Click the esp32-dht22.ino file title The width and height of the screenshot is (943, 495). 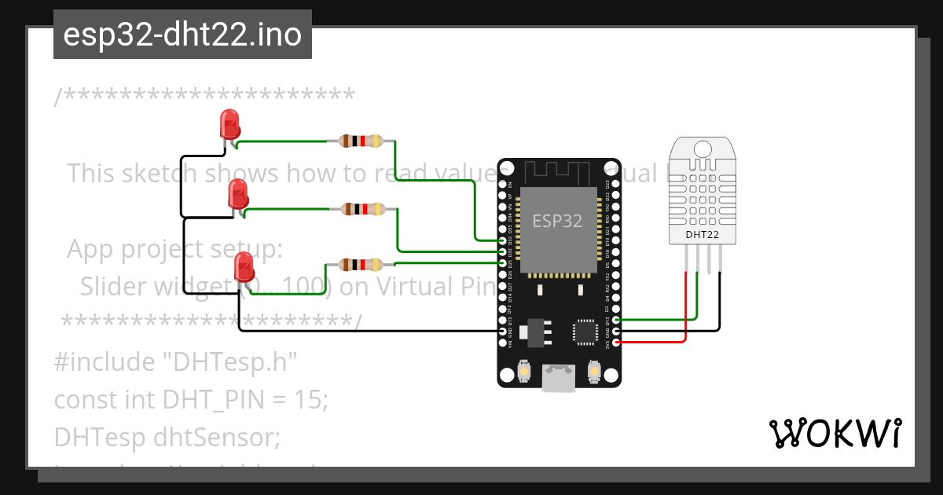182,35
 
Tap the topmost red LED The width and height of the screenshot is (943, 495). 229,124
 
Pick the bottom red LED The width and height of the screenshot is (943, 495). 244,266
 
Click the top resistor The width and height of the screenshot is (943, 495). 361,141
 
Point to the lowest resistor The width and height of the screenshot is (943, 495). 361,264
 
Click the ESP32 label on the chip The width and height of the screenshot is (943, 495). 557,221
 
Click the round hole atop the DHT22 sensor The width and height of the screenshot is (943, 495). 703,147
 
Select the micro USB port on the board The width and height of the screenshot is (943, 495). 559,378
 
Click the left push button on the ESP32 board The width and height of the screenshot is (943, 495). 524,369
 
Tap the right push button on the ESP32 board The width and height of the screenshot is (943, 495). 594,369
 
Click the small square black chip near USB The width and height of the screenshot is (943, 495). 585,331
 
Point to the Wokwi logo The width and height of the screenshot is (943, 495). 835,433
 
